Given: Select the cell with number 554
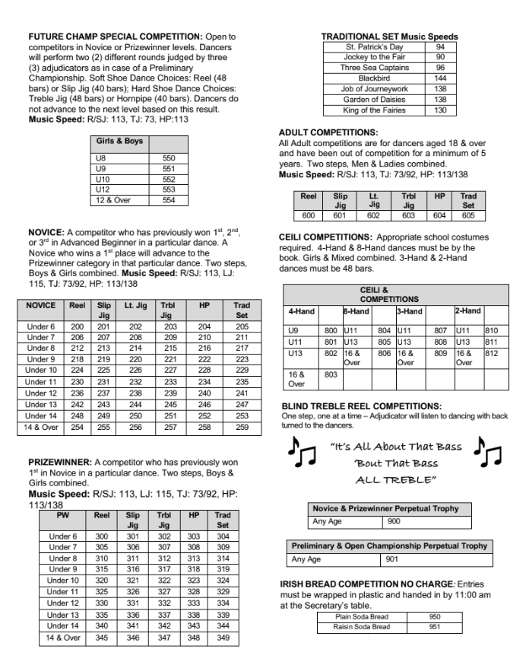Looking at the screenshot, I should (x=168, y=199).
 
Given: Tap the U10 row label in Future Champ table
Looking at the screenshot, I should (x=99, y=180).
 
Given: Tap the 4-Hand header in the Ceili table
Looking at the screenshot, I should (x=302, y=310).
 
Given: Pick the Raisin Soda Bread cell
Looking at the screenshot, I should (x=361, y=626).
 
